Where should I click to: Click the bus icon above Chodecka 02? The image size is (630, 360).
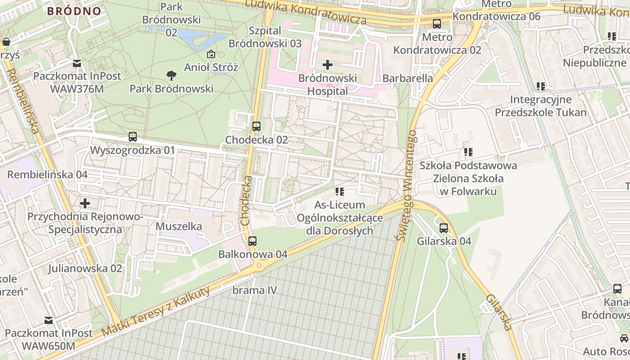coord(256,126)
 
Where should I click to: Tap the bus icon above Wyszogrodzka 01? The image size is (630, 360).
coord(133,136)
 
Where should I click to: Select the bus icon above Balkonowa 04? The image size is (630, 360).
coord(252,241)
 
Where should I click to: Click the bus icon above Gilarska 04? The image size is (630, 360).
coord(444,228)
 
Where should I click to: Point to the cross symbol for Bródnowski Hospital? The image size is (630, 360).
coord(328,65)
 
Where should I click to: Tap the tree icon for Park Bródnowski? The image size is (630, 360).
coord(171,75)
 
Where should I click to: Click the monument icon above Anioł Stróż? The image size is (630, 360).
coord(211,54)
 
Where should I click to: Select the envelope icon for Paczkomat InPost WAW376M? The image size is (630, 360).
coord(76,63)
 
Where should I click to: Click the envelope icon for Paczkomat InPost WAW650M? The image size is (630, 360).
coord(48,320)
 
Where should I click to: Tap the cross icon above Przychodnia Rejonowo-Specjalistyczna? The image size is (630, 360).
coord(85,203)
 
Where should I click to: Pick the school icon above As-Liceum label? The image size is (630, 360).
coord(340,192)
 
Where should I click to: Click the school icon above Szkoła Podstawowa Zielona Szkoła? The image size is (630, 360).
coord(468,152)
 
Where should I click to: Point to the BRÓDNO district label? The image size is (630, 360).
coord(74,11)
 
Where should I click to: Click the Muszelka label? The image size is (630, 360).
coord(179,226)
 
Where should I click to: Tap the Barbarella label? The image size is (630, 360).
coord(408,78)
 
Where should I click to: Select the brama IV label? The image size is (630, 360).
coord(254,290)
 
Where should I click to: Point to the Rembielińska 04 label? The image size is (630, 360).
coord(47,175)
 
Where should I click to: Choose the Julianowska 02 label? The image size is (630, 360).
coord(85,269)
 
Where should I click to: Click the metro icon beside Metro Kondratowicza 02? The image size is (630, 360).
coord(436,24)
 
